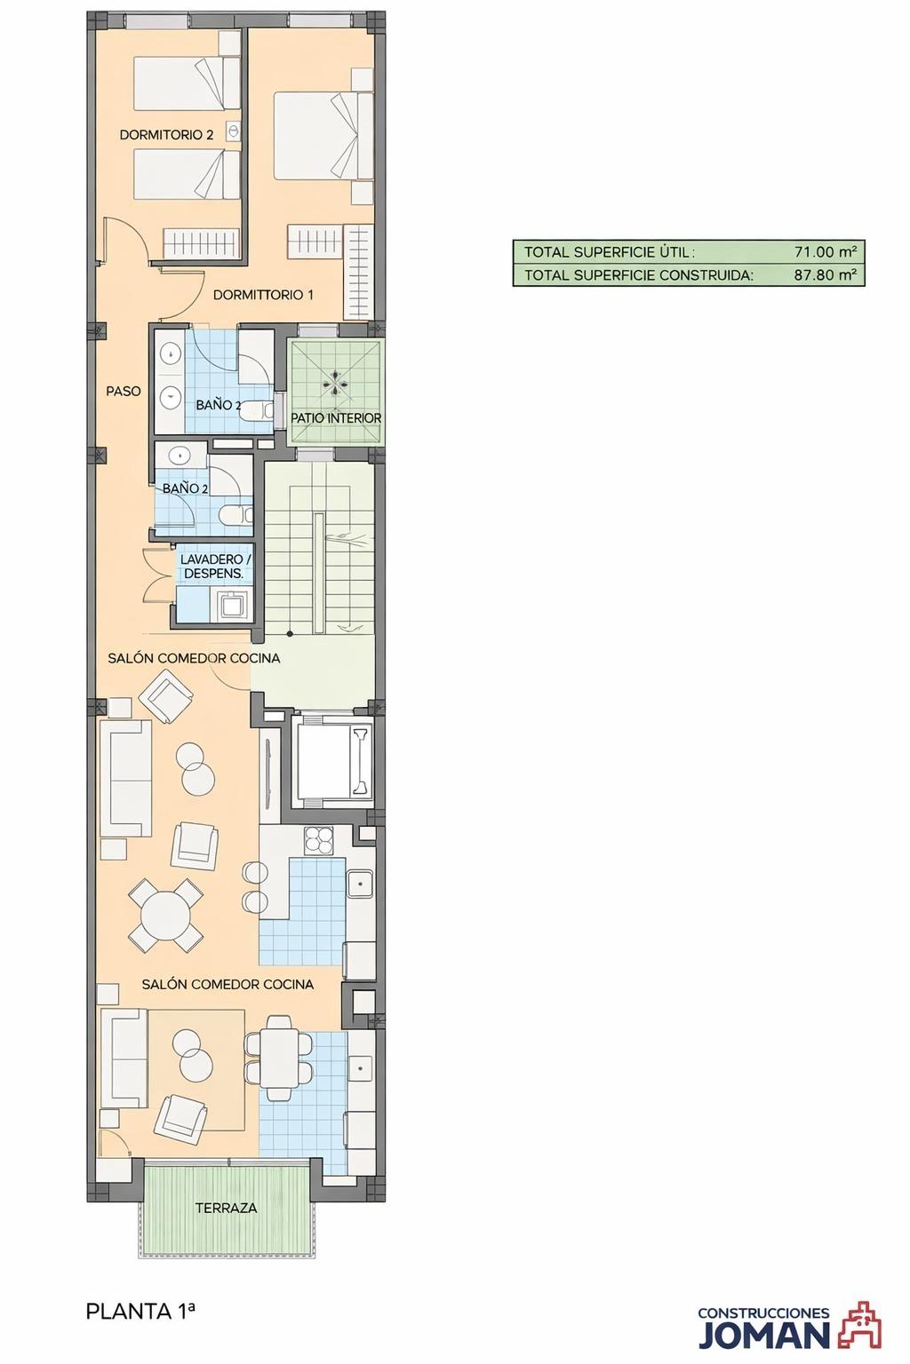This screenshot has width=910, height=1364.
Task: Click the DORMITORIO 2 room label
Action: coord(166,135)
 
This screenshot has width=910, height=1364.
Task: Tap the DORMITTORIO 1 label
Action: coord(263,295)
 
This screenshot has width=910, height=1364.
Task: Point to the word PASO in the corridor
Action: coord(124,391)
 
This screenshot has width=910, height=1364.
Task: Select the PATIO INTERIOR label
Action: coord(336,418)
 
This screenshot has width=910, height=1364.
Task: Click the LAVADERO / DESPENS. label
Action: coord(214,567)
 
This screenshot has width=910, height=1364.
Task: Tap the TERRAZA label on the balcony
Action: coord(226,1208)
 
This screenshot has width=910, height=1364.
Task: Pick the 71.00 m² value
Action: coord(826,251)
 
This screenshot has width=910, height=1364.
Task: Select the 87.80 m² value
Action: coord(826,274)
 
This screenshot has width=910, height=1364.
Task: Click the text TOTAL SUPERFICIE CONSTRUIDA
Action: coord(639,275)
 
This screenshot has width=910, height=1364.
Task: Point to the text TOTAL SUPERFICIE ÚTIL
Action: coord(610,252)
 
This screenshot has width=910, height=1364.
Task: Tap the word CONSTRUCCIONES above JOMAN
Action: coord(763,1313)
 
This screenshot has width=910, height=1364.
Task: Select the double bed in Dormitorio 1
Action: coord(323,135)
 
